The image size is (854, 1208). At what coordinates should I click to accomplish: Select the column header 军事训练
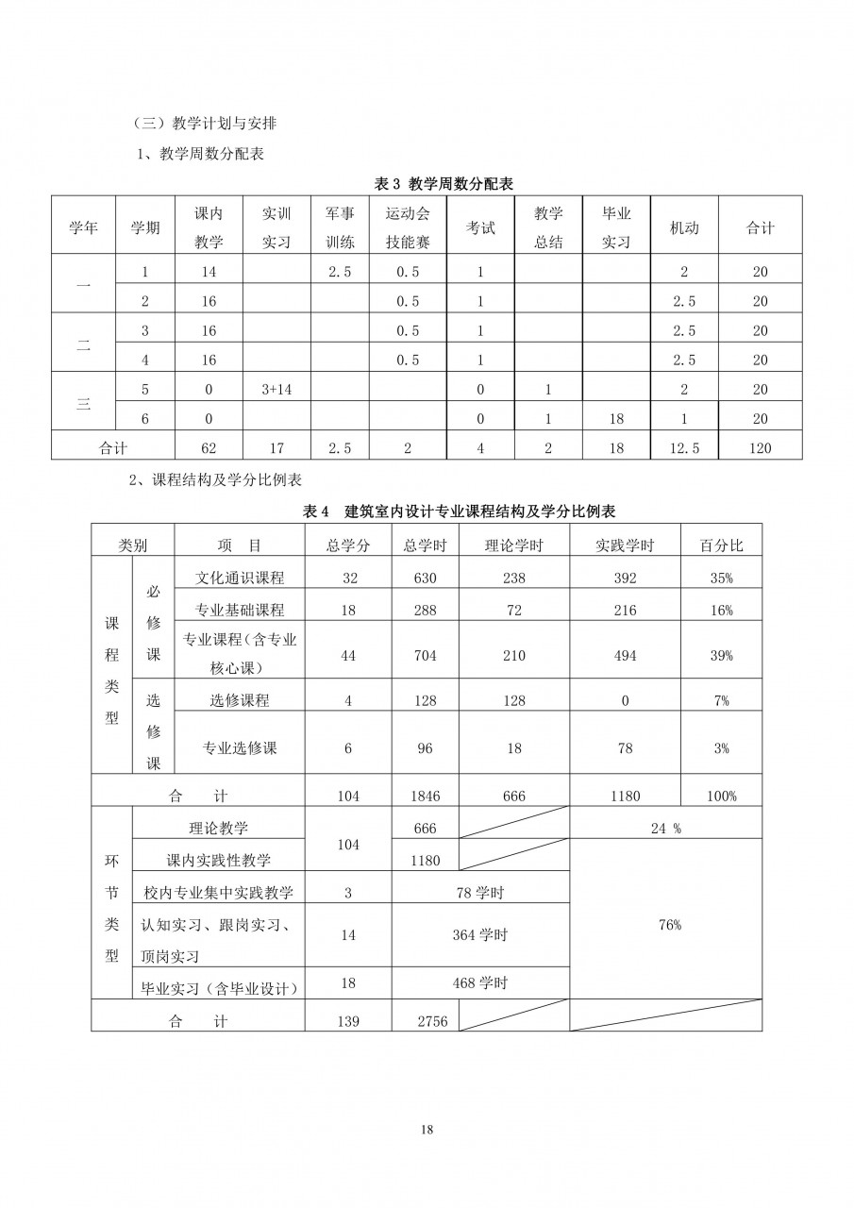(x=340, y=227)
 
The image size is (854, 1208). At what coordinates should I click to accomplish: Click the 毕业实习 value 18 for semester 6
(x=616, y=418)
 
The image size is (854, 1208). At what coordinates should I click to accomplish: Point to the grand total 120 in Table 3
(x=760, y=448)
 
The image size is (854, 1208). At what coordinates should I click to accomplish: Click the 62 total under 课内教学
(x=209, y=448)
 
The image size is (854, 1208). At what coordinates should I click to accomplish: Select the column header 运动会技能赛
(x=408, y=227)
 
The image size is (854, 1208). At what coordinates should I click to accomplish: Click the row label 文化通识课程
(x=240, y=578)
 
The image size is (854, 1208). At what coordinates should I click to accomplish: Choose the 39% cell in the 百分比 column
(x=721, y=656)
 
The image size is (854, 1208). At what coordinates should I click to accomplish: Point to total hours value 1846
(x=425, y=796)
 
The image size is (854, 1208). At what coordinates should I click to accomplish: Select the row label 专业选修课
(x=240, y=747)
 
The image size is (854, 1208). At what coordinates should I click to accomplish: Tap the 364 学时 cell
(x=479, y=934)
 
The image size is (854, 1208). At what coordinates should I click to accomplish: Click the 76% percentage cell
(x=669, y=925)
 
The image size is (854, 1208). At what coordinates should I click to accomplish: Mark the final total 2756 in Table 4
(x=432, y=1020)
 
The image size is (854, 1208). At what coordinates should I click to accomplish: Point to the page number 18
(x=427, y=1129)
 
